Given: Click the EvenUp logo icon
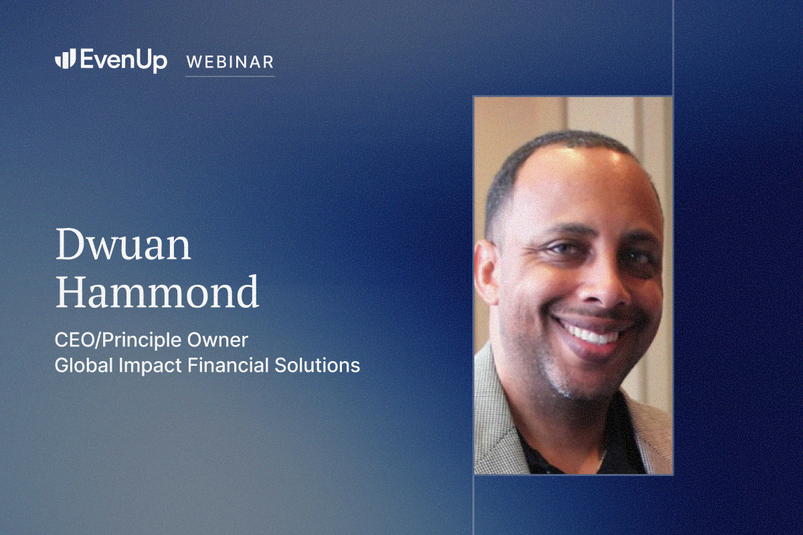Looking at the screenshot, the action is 66,58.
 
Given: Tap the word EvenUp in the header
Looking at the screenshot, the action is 124,61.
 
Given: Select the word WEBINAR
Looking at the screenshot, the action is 230,62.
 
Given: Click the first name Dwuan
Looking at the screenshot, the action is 123,244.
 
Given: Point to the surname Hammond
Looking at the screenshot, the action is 157,292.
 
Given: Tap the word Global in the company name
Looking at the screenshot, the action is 84,366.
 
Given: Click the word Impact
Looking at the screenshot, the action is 150,366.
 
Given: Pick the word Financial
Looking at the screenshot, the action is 228,365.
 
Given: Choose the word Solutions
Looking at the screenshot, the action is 317,366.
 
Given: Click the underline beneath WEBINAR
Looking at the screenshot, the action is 230,76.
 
